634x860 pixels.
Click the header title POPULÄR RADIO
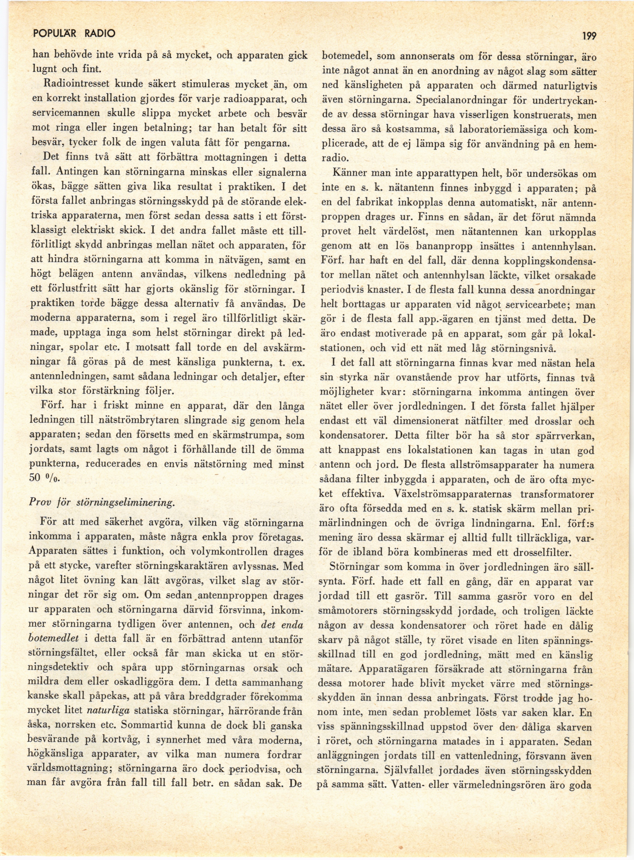pyautogui.click(x=74, y=33)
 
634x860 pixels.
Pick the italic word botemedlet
pyautogui.click(x=54, y=639)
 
